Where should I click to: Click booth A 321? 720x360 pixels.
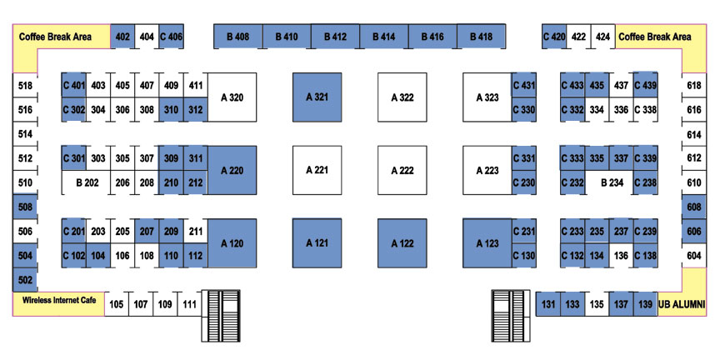pyautogui.click(x=317, y=97)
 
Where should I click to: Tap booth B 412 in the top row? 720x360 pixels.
pyautogui.click(x=335, y=37)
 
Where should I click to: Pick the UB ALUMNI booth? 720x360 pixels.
pyautogui.click(x=682, y=304)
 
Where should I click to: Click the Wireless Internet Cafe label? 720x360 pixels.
pyautogui.click(x=59, y=300)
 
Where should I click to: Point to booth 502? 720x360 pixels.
pyautogui.click(x=25, y=280)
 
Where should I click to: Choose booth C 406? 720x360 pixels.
pyautogui.click(x=172, y=37)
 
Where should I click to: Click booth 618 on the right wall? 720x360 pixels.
pyautogui.click(x=694, y=85)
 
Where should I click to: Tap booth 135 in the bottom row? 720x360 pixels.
pyautogui.click(x=597, y=304)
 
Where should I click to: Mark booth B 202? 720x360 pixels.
pyautogui.click(x=87, y=182)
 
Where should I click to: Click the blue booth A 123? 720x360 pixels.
pyautogui.click(x=487, y=242)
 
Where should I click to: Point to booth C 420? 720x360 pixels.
pyautogui.click(x=554, y=37)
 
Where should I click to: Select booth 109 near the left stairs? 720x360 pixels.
pyautogui.click(x=165, y=304)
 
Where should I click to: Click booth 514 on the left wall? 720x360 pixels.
pyautogui.click(x=25, y=133)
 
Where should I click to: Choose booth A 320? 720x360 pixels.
pyautogui.click(x=232, y=97)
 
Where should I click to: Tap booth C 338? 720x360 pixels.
pyautogui.click(x=645, y=109)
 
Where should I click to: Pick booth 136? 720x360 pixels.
pyautogui.click(x=622, y=255)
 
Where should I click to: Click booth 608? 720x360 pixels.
pyautogui.click(x=694, y=207)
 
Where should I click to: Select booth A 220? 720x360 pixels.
pyautogui.click(x=232, y=170)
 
